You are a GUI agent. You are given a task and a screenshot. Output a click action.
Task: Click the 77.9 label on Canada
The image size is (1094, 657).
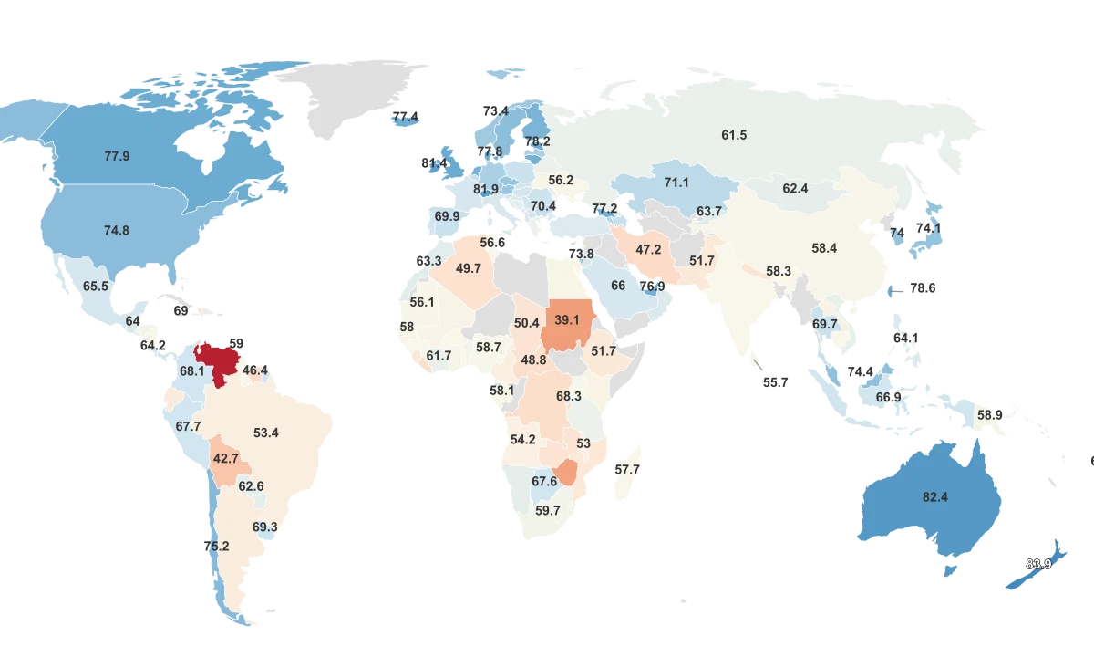click(117, 156)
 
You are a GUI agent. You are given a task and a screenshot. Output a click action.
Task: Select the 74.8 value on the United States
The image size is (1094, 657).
click(117, 231)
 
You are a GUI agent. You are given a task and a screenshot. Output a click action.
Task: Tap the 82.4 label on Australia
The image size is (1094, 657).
click(935, 497)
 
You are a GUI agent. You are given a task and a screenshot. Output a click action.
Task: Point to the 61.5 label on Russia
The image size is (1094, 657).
click(734, 135)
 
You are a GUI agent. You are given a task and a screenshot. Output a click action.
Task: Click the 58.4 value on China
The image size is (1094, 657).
click(824, 247)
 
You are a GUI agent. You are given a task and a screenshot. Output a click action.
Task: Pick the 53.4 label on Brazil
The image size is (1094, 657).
click(266, 433)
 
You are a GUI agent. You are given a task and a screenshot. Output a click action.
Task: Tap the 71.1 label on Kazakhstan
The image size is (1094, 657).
click(676, 182)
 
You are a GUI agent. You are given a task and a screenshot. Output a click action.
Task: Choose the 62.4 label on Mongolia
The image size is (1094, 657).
click(795, 189)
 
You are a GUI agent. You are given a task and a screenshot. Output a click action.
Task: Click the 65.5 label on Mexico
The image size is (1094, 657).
click(96, 286)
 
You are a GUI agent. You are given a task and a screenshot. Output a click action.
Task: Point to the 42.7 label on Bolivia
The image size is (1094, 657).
click(225, 458)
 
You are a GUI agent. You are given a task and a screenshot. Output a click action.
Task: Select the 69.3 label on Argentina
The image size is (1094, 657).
click(265, 527)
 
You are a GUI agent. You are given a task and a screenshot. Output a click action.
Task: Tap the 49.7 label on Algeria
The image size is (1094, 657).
click(469, 268)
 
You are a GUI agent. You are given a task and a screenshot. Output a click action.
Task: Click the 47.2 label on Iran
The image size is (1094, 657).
click(648, 250)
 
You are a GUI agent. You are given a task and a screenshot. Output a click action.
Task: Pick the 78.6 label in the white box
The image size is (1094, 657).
click(923, 287)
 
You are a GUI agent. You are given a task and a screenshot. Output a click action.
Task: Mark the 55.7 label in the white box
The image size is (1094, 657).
click(775, 382)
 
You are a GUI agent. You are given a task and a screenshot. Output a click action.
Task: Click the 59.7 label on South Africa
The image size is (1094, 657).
click(548, 510)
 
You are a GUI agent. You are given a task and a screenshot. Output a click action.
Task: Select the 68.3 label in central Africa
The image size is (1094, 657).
click(569, 396)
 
